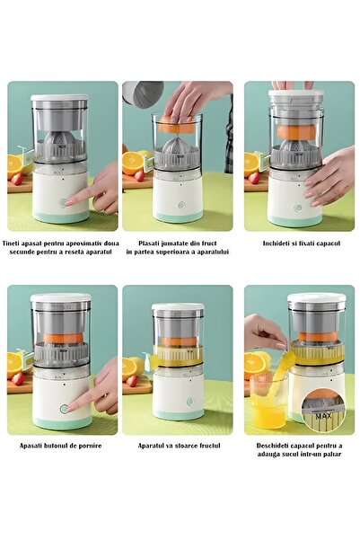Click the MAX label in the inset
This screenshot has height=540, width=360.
click(324, 415)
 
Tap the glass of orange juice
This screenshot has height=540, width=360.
click(268, 404)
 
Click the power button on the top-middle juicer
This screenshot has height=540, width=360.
click(178, 205)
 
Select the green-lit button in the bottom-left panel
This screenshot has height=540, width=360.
click(64, 408)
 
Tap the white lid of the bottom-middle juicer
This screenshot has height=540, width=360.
click(177, 308)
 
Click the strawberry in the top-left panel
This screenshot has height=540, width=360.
click(17, 178)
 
